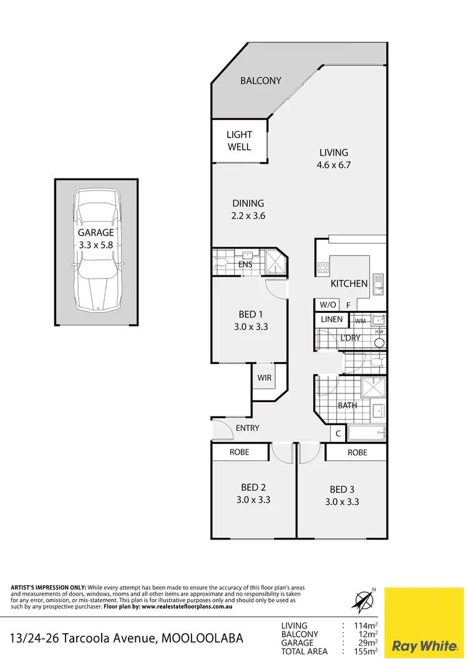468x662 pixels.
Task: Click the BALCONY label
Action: coord(261,81)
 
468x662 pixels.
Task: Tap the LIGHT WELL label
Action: coord(239,141)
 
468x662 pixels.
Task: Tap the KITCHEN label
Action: coord(349,284)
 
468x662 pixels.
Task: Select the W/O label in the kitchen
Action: coord(328,305)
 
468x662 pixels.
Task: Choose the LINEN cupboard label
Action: coord(331,319)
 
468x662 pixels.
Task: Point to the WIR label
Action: coord(264,377)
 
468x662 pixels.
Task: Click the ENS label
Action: coord(245,264)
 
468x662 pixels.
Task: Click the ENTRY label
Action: coord(247,428)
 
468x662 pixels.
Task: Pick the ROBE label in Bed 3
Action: coord(358,452)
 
